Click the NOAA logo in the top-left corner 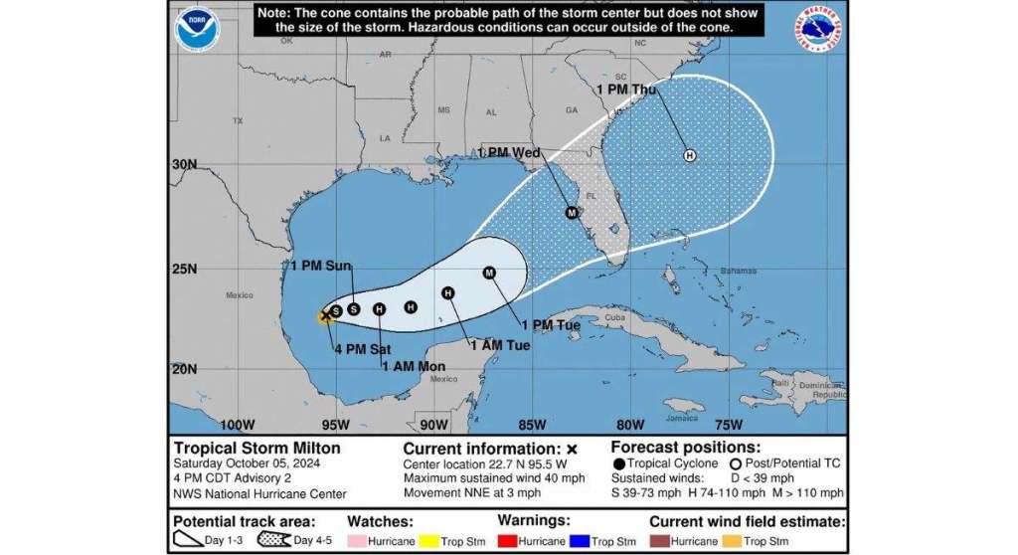[x=196, y=29]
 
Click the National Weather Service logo [x=820, y=29]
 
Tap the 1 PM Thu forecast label [x=626, y=90]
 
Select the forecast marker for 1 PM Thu [x=689, y=155]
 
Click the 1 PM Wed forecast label [x=509, y=153]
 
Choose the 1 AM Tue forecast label [x=499, y=345]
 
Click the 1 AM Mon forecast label [x=414, y=366]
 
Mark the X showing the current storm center [x=326, y=315]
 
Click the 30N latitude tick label [x=184, y=165]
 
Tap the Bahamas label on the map [x=739, y=271]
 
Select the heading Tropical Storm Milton [x=256, y=449]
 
